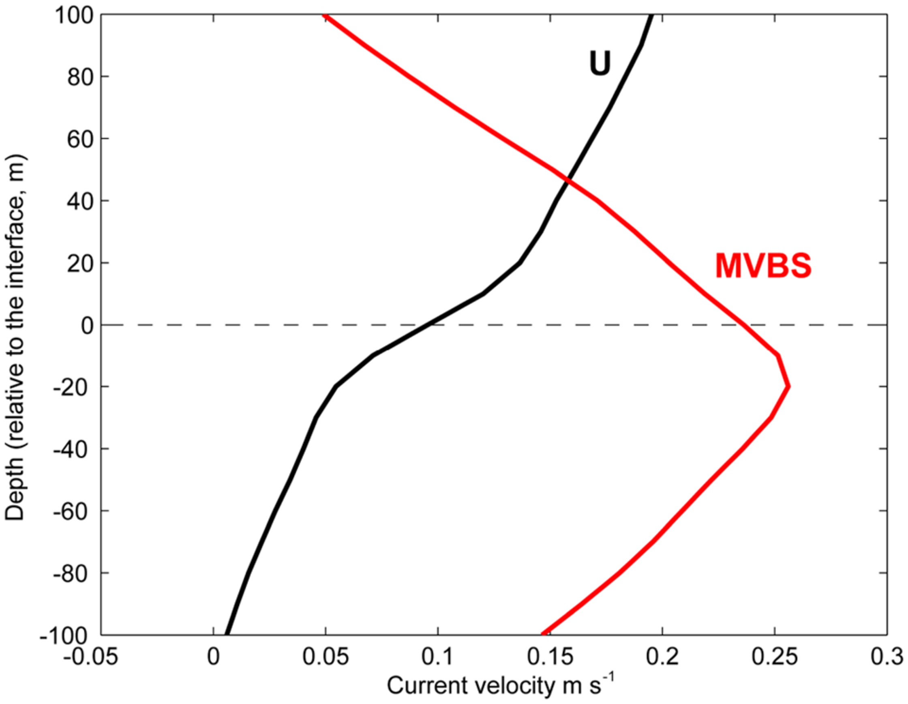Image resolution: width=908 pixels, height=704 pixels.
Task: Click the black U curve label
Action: tap(600, 63)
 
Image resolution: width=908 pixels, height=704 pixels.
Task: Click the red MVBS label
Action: tap(763, 266)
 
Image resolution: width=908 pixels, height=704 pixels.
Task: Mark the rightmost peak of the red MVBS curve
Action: tap(788, 387)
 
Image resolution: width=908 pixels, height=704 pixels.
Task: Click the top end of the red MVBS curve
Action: tap(325, 16)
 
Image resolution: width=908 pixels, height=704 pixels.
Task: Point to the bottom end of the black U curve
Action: tap(227, 634)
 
